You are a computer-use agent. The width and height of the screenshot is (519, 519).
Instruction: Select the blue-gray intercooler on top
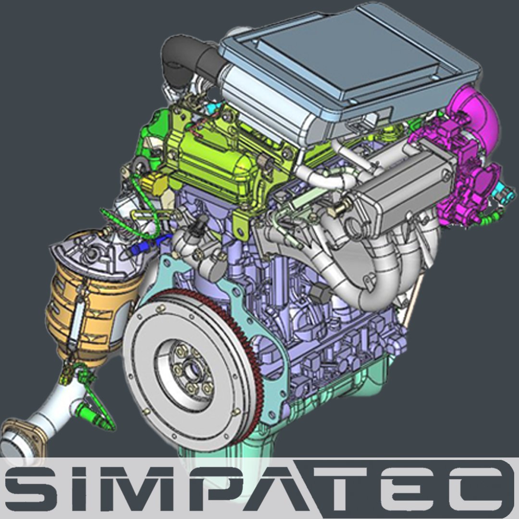pos(347,66)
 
